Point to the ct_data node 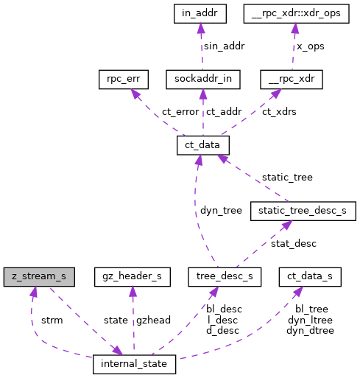203,145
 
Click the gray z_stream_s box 38,277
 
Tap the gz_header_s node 133,277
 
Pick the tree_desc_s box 220,277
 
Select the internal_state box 134,364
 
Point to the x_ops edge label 310,46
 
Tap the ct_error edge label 170,112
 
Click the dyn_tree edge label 221,211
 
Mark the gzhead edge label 153,320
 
